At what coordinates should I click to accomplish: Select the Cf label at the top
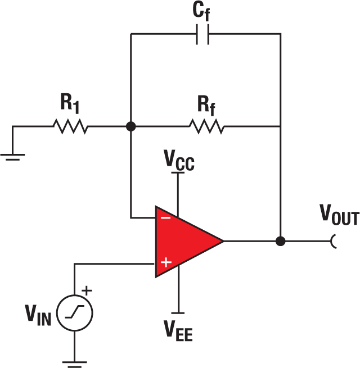click(204, 11)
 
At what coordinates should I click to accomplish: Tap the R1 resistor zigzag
click(71, 127)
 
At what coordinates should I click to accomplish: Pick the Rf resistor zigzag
click(206, 127)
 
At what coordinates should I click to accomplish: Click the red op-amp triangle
click(186, 241)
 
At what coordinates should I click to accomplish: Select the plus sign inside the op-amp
click(165, 262)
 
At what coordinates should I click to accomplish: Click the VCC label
click(179, 161)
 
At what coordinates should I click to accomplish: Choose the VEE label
click(178, 331)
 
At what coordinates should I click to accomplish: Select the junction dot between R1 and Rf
click(130, 127)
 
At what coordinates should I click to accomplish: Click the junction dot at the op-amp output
click(280, 241)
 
